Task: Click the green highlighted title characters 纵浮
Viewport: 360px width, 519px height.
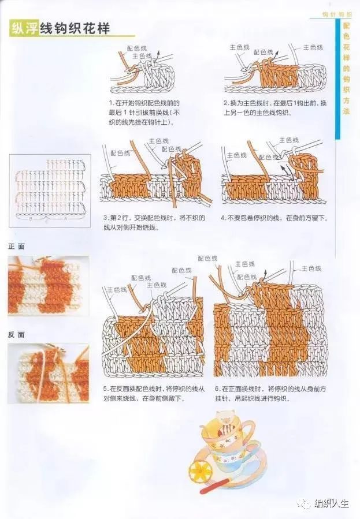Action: (x=24, y=29)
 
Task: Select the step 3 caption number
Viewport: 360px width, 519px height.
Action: (x=106, y=218)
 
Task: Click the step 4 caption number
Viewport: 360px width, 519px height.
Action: (x=223, y=218)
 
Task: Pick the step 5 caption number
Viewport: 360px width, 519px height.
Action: (x=106, y=389)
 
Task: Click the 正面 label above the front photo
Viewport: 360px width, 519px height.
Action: (x=17, y=247)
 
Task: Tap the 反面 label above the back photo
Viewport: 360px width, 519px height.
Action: (x=17, y=335)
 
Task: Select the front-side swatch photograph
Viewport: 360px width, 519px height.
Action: (x=48, y=286)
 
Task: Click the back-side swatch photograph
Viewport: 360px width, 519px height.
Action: (x=48, y=374)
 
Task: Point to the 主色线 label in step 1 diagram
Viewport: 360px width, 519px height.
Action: (x=143, y=56)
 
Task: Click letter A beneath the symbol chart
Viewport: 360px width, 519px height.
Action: (x=65, y=220)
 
